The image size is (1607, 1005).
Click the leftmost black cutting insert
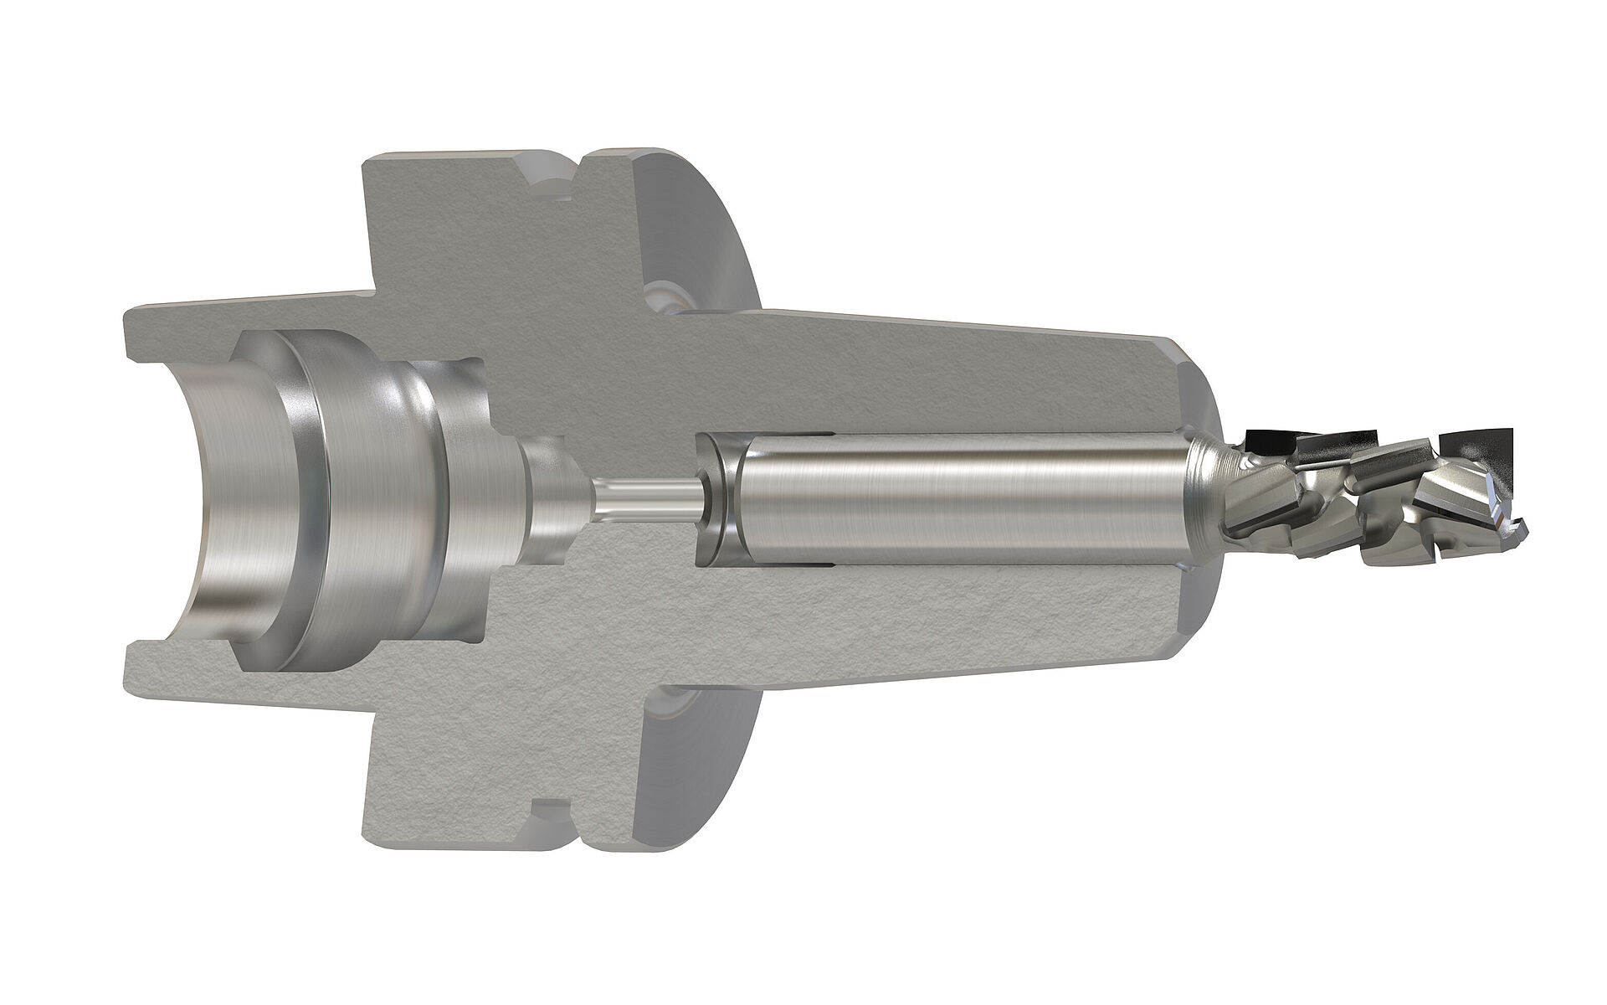(1268, 438)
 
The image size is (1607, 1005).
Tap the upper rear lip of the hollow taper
(142, 343)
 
